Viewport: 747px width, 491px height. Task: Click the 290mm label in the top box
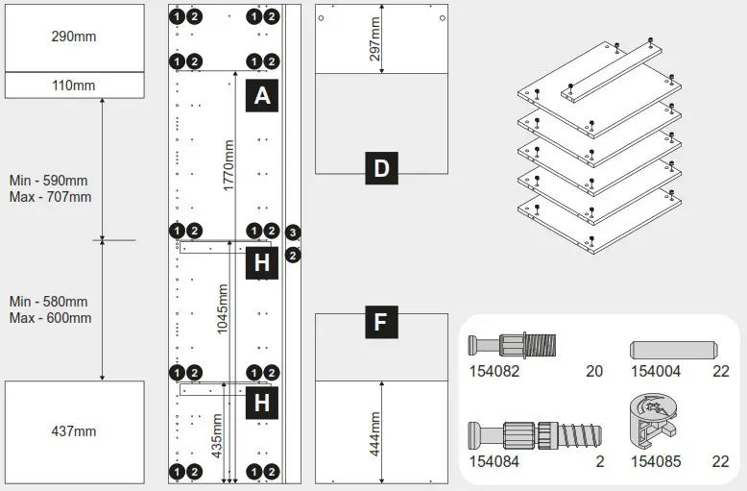click(73, 37)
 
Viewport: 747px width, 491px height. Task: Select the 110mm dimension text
click(73, 86)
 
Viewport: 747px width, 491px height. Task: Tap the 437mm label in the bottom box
click(73, 431)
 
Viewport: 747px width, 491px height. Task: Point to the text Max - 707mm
click(50, 197)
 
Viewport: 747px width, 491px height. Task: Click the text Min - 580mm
click(48, 302)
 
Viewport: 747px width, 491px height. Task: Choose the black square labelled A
click(262, 96)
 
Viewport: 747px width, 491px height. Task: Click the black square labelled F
click(381, 322)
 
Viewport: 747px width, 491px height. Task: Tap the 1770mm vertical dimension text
click(229, 165)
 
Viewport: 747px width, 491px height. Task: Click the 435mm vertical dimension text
click(217, 434)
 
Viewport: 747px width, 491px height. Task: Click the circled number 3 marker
click(294, 233)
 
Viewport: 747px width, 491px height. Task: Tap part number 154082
click(494, 371)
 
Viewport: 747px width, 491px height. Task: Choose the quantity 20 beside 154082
click(593, 371)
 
